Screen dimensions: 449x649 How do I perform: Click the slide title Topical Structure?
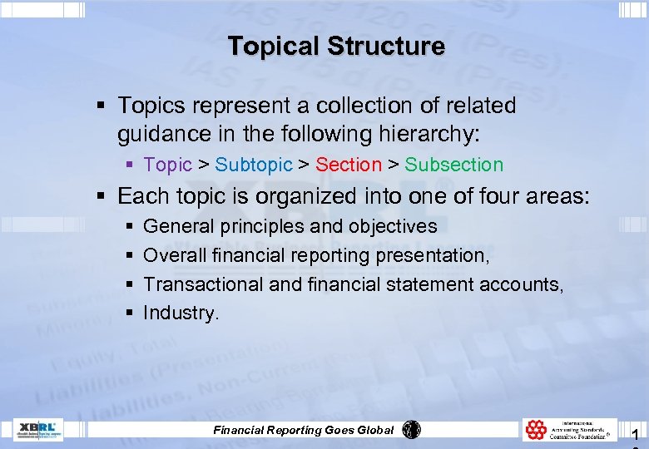point(336,46)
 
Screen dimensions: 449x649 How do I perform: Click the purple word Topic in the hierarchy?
point(167,165)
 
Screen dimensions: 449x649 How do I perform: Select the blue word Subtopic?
point(253,165)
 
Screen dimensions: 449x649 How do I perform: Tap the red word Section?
point(348,165)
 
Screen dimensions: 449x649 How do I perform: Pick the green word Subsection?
point(453,165)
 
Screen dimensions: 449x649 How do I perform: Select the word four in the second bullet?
point(475,196)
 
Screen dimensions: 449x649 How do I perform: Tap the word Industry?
point(180,313)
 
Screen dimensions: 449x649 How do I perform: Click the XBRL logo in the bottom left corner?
point(37,430)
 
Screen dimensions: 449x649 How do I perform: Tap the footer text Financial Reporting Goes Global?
point(303,430)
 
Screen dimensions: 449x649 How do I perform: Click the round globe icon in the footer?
point(411,430)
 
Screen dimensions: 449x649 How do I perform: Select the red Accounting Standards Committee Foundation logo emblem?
point(535,430)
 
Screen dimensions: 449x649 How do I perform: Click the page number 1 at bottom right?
point(635,435)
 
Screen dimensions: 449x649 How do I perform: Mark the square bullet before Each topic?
point(101,196)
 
